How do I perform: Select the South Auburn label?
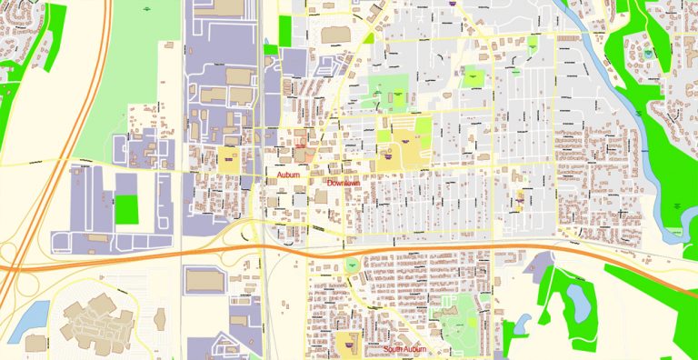pyautogui.click(x=404, y=350)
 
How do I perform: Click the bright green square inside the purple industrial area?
pyautogui.click(x=127, y=210)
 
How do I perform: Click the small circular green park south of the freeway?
pyautogui.click(x=352, y=265)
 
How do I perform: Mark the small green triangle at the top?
pyautogui.click(x=368, y=38)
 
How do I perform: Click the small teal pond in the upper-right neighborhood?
pyautogui.click(x=648, y=54)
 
